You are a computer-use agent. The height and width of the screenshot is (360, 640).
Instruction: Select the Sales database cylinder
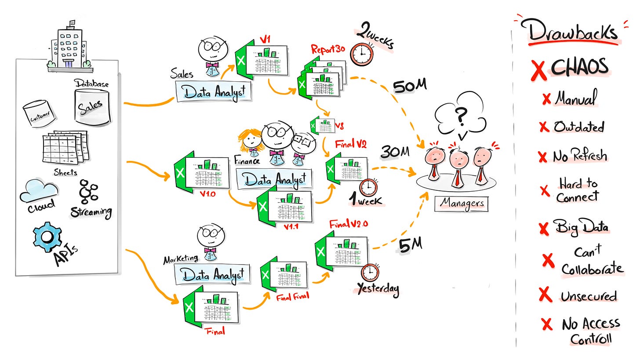pos(92,106)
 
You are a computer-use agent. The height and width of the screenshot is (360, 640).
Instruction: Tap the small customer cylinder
pos(39,113)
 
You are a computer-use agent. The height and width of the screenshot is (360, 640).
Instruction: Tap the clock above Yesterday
pos(370,273)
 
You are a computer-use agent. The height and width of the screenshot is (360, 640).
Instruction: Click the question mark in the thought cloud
pos(460,117)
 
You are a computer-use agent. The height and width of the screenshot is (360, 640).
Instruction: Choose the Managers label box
pos(461,204)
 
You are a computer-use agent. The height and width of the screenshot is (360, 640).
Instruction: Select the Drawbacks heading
pos(573,32)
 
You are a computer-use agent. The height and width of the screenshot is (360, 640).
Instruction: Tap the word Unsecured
pos(589,296)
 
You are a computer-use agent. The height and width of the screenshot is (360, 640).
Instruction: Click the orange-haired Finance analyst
pos(250,141)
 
